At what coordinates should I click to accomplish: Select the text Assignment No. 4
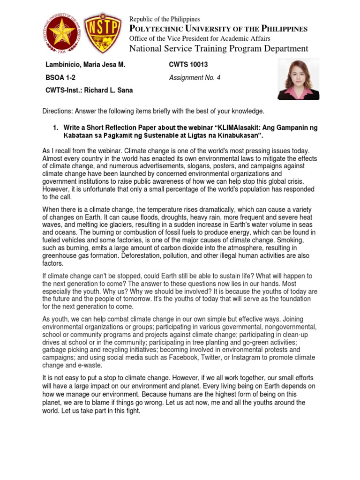click(x=194, y=78)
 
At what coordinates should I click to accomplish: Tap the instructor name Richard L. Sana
click(x=109, y=90)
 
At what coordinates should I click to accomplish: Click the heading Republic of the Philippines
click(x=165, y=19)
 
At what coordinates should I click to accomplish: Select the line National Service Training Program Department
click(x=218, y=49)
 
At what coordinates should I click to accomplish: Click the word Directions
click(x=58, y=111)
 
